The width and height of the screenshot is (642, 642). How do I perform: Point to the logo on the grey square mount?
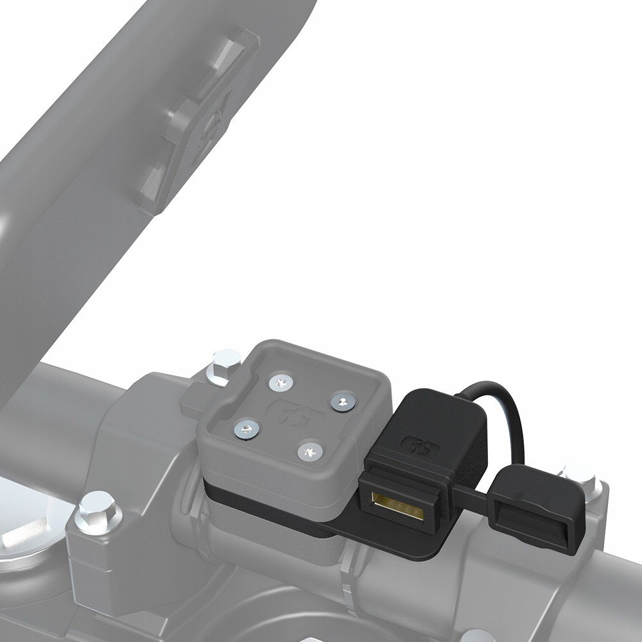coord(293,410)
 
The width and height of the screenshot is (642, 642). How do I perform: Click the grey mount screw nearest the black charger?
coord(341,402)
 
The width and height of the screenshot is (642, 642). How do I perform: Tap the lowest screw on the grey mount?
coord(309,451)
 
